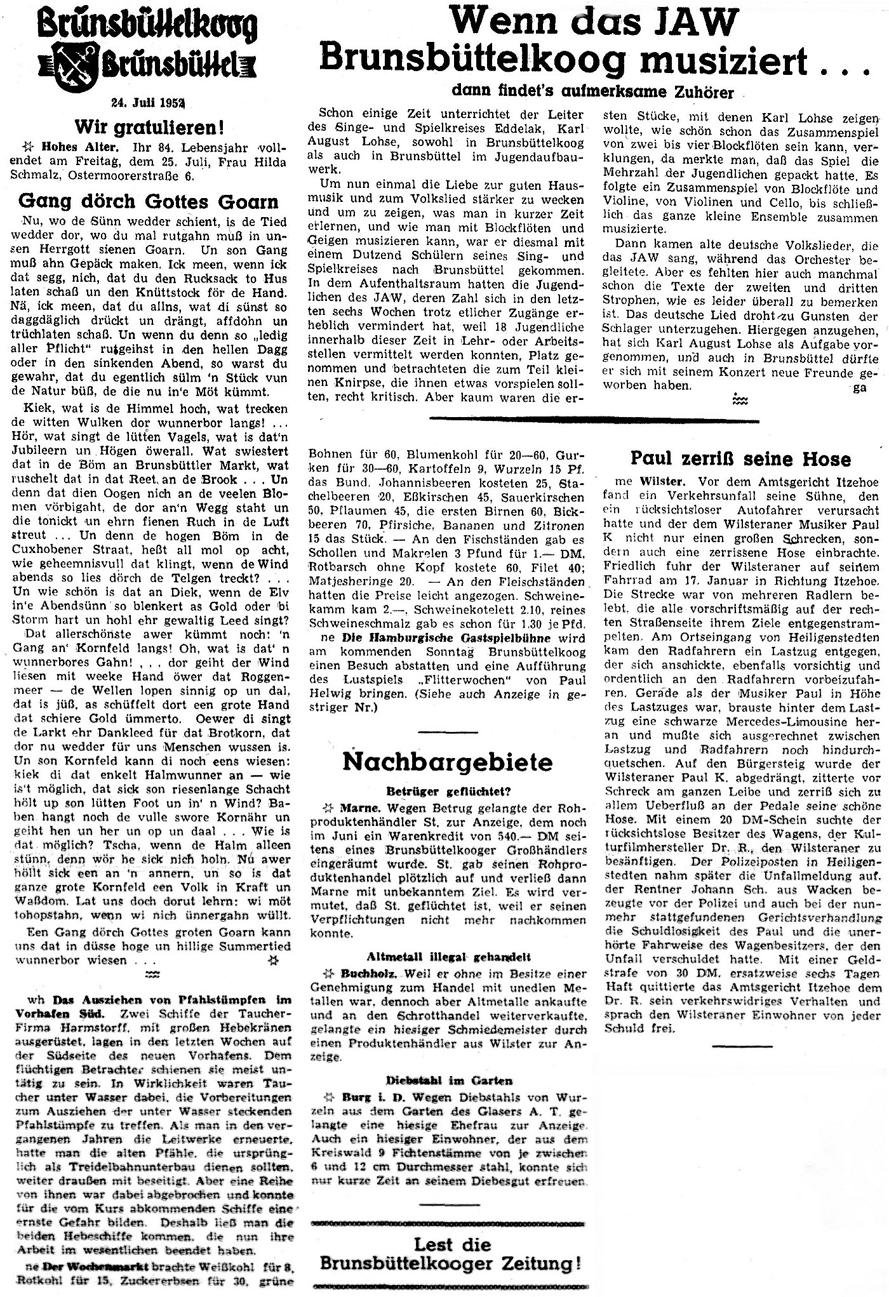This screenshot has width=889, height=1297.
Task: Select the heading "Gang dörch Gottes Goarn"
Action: tap(148, 201)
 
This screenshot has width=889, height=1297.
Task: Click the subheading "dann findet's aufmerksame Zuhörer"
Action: tap(592, 91)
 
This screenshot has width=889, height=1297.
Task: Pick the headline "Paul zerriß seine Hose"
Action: tap(740, 458)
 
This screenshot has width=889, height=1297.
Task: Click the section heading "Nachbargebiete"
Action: tap(448, 761)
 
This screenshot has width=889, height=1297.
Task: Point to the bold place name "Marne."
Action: tap(359, 809)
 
